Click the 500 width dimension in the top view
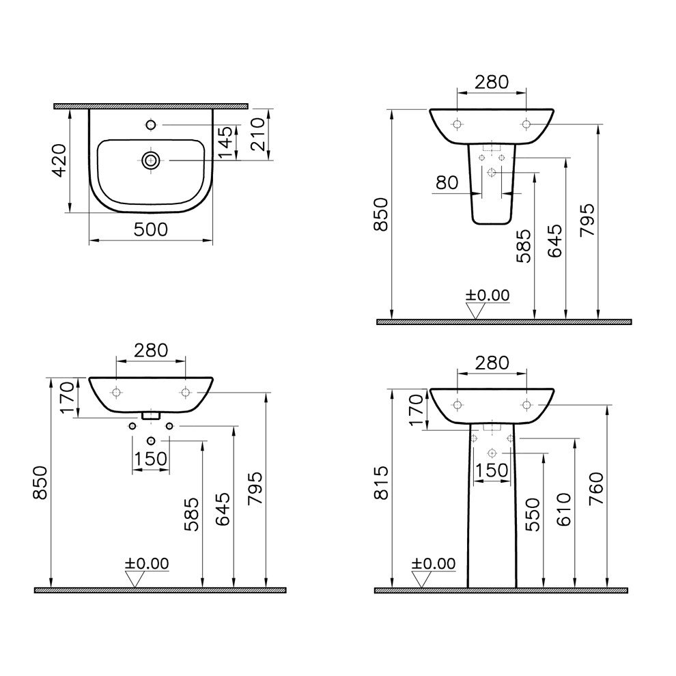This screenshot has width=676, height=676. (x=150, y=230)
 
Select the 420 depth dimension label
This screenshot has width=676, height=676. (x=59, y=160)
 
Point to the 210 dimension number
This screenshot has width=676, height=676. (x=257, y=135)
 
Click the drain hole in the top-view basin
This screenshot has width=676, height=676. (x=151, y=160)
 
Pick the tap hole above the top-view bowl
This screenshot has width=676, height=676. (x=151, y=125)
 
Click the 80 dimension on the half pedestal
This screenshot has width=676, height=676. (x=447, y=183)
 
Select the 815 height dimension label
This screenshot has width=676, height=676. (x=381, y=483)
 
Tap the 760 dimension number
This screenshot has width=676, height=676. (x=596, y=490)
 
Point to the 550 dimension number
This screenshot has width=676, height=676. (x=533, y=515)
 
